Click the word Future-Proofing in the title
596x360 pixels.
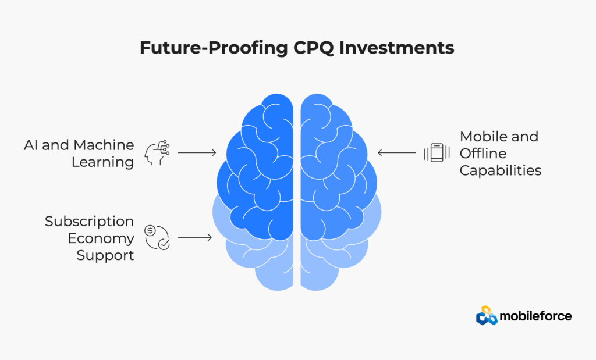tap(214, 48)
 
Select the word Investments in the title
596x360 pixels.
tap(396, 48)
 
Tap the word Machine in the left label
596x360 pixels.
tap(104, 145)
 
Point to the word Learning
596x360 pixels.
tap(102, 162)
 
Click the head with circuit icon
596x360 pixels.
tap(157, 152)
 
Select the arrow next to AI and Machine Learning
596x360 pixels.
tap(197, 152)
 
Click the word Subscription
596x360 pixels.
tap(89, 222)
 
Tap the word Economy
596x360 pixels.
tap(101, 238)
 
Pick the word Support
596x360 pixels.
tap(105, 255)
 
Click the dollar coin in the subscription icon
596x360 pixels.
tap(150, 230)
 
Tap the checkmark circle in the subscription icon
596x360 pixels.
tap(164, 244)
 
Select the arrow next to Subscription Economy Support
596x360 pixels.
tap(195, 238)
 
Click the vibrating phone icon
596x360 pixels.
tap(437, 152)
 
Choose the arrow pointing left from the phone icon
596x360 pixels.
tap(397, 152)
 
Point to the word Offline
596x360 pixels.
tap(483, 154)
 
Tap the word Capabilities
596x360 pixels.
tap(500, 170)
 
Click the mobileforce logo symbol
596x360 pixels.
tap(487, 316)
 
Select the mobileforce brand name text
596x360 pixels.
tap(535, 316)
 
